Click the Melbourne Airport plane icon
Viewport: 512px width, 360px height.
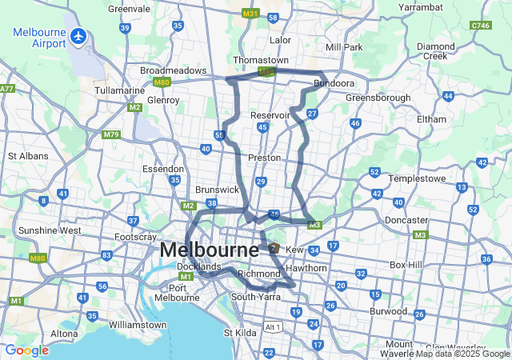[x=78, y=36]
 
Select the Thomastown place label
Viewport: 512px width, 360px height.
[x=260, y=60]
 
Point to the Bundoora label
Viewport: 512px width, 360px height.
[x=334, y=82]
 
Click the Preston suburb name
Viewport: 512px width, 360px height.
[x=264, y=158]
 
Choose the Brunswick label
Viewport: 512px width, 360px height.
[x=217, y=190]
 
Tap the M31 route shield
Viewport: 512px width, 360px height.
[x=250, y=14]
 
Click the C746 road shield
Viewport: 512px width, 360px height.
[x=481, y=26]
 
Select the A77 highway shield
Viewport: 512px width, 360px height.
[x=7, y=88]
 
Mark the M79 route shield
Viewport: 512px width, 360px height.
[x=111, y=134]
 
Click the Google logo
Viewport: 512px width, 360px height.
[x=26, y=350]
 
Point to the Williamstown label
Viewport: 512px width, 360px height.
[x=137, y=325]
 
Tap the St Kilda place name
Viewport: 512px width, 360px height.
[x=239, y=332]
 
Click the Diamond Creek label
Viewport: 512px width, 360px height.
[x=436, y=51]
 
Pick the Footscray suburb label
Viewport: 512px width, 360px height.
[x=135, y=237]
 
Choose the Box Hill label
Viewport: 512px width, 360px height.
[x=409, y=264]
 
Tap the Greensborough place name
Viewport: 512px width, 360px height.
[x=378, y=98]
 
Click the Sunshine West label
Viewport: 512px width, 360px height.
[x=50, y=230]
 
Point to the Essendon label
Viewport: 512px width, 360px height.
[x=163, y=169]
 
